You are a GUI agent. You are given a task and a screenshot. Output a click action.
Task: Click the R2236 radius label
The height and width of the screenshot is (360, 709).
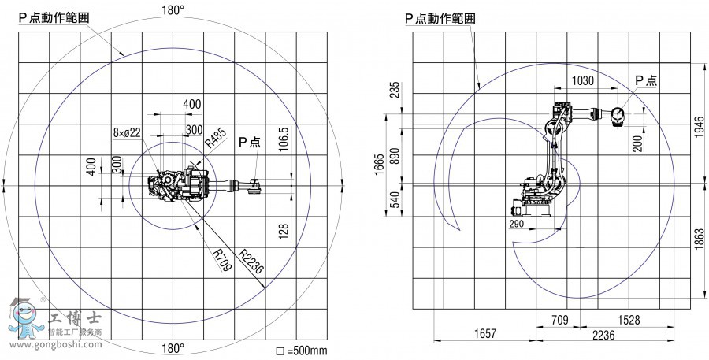coord(251,261)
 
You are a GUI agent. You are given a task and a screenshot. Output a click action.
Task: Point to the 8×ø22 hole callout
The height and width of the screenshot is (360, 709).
coord(127,132)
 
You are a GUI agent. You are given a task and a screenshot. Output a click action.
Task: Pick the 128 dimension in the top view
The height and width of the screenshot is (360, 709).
coord(284,230)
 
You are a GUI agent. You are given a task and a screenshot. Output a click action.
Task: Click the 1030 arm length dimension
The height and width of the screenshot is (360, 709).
coord(583,81)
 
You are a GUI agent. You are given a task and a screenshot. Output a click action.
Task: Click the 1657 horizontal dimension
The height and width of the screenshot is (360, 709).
coord(485,334)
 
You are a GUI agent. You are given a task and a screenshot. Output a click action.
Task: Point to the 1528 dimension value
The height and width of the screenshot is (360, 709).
coord(629,320)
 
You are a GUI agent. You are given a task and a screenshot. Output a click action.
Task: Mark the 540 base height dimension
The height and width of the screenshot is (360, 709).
coord(395,199)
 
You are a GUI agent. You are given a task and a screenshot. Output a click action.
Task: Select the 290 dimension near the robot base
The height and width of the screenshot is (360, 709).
coord(516,224)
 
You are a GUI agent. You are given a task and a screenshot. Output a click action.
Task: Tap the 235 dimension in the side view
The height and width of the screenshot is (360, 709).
coord(395,90)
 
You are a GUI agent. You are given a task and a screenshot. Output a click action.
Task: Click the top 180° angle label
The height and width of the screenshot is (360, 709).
coord(173,10)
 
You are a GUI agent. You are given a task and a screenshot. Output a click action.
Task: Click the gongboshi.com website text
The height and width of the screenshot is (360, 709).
coord(56,344)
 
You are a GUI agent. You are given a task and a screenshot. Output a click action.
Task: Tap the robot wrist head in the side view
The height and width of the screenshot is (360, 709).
coord(617,115)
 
